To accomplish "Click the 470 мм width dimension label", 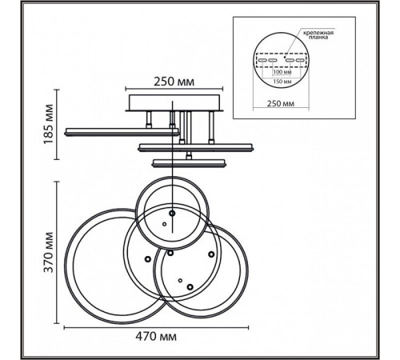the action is [156, 337].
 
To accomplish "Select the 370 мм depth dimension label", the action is [49, 253].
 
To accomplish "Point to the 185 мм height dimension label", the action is [49, 124].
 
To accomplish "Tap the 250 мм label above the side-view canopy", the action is [174, 82].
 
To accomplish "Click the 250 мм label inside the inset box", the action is [281, 103].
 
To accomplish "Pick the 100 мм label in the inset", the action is [282, 72].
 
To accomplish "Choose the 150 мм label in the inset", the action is [282, 82].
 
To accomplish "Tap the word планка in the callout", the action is [318, 38].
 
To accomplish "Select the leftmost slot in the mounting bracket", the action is [262, 60].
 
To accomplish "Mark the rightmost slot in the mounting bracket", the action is [301, 60].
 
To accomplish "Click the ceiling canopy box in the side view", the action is [174, 102].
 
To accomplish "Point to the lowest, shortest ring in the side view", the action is [189, 163].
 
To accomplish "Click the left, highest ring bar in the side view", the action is [122, 132].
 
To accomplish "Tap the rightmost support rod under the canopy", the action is [211, 127].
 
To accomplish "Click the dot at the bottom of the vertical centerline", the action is [172, 214].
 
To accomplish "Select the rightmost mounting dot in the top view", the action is [211, 254].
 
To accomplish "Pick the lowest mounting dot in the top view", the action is [190, 287].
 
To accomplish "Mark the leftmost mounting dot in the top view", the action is [147, 258].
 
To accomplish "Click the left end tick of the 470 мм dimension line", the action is [65, 327].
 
